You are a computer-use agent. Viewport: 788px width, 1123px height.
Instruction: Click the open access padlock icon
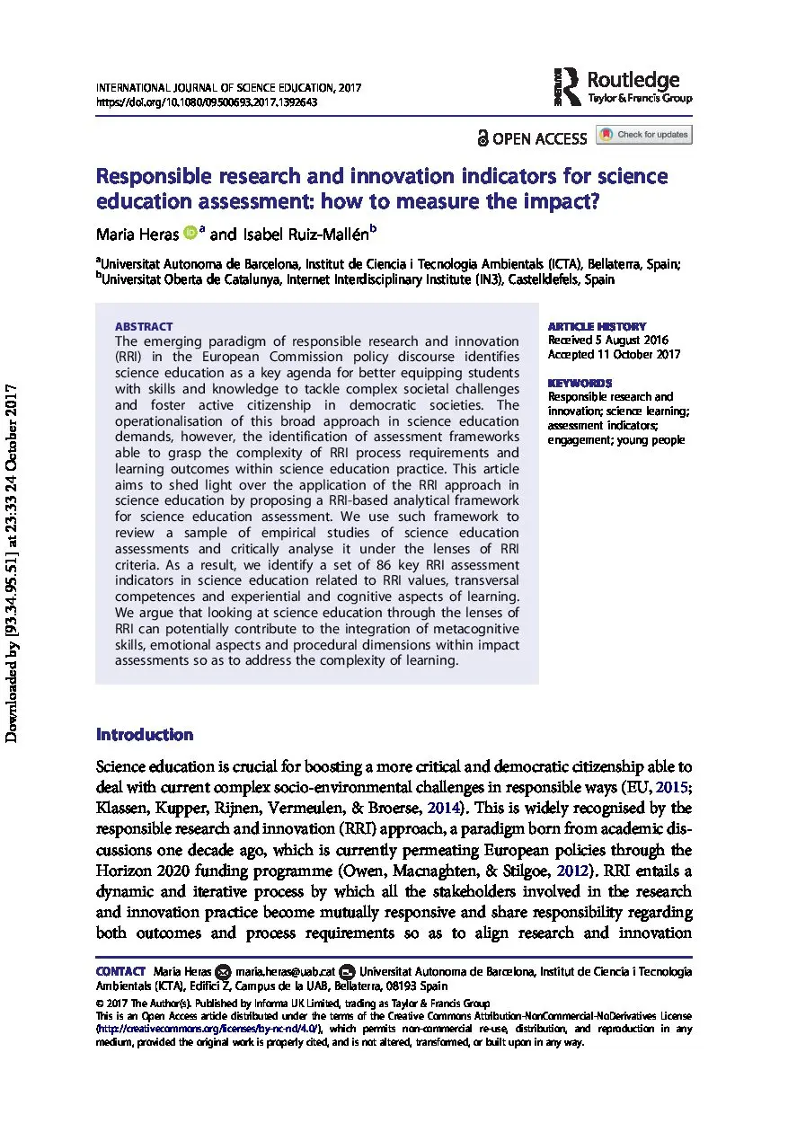point(483,138)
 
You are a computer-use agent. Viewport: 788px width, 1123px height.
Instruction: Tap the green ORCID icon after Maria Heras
point(190,233)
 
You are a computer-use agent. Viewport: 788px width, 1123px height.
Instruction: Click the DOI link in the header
point(206,102)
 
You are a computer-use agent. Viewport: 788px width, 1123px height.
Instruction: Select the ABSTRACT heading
point(144,327)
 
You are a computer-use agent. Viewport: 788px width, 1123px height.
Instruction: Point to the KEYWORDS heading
point(580,383)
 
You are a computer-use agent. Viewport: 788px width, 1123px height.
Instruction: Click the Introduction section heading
point(145,734)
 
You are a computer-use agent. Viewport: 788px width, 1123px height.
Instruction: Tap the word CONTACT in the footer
point(120,972)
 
